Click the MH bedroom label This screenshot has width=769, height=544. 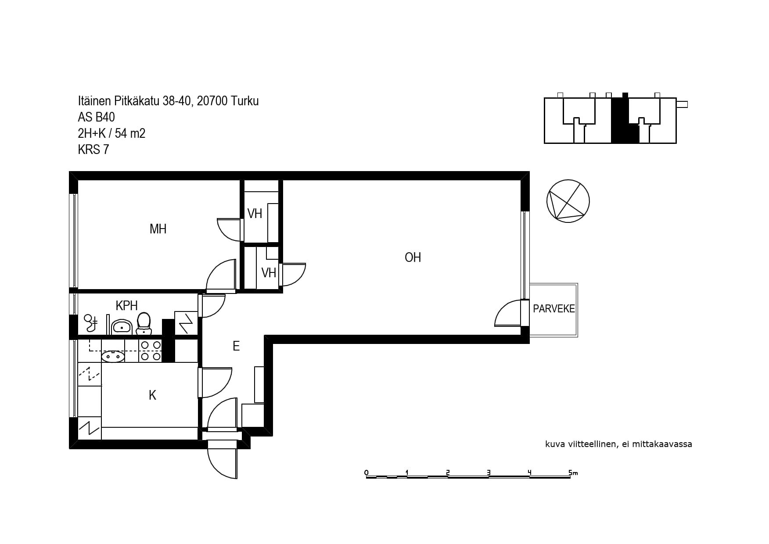(x=158, y=229)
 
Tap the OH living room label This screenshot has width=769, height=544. (x=413, y=257)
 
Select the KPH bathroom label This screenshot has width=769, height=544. (x=127, y=305)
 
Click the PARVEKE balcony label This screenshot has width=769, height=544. (x=553, y=308)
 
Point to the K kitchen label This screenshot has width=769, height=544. (x=152, y=395)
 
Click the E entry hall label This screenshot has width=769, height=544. (x=236, y=346)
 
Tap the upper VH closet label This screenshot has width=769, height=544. (x=255, y=214)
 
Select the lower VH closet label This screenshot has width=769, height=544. (x=269, y=273)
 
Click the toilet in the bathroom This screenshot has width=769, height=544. (x=144, y=323)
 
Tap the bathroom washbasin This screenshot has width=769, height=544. (x=121, y=326)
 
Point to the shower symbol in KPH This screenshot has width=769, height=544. (x=91, y=323)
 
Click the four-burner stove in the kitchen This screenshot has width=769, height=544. (x=150, y=351)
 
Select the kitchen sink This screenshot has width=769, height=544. (x=113, y=356)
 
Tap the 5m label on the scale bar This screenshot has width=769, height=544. (x=573, y=472)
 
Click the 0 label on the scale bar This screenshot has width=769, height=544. (x=367, y=472)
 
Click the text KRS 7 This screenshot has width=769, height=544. (x=93, y=150)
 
